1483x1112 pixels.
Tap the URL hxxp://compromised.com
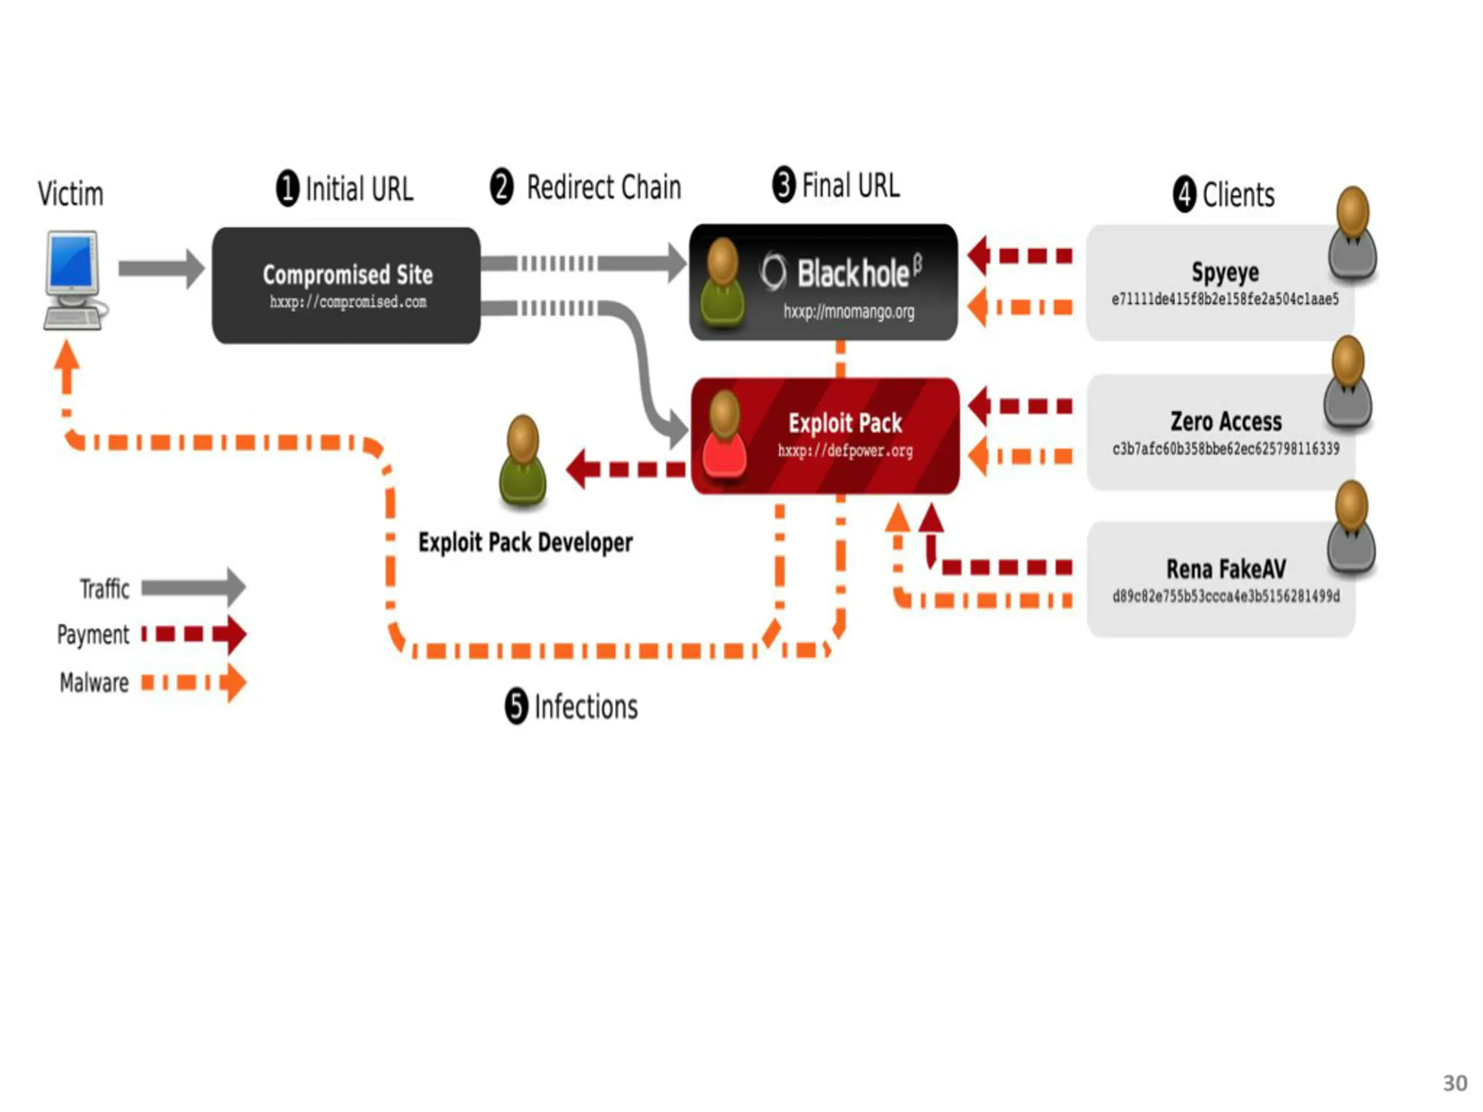click(x=348, y=302)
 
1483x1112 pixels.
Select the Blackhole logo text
click(x=853, y=273)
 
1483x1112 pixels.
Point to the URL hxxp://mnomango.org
click(x=849, y=312)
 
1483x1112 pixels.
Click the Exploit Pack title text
click(x=845, y=423)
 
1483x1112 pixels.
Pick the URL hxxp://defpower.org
click(x=845, y=451)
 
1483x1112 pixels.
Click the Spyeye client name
click(x=1225, y=272)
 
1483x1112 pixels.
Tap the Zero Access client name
click(x=1226, y=422)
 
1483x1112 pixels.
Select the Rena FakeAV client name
click(x=1226, y=569)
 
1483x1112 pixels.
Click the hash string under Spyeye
click(x=1225, y=299)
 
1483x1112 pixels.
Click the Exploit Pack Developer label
click(x=525, y=542)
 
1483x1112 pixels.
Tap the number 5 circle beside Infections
click(x=516, y=706)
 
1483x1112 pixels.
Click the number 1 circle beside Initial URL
click(x=287, y=188)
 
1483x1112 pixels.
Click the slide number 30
click(x=1454, y=1083)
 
